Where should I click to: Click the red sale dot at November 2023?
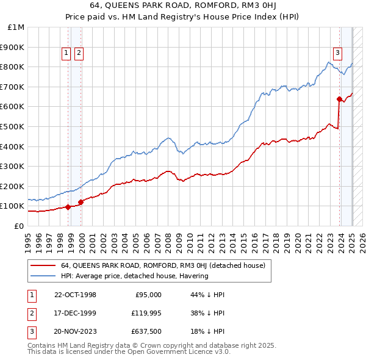tap(339, 99)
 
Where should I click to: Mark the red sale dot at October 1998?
tap(68, 207)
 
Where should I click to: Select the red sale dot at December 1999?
tap(81, 202)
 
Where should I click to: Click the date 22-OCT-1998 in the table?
tap(75, 295)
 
